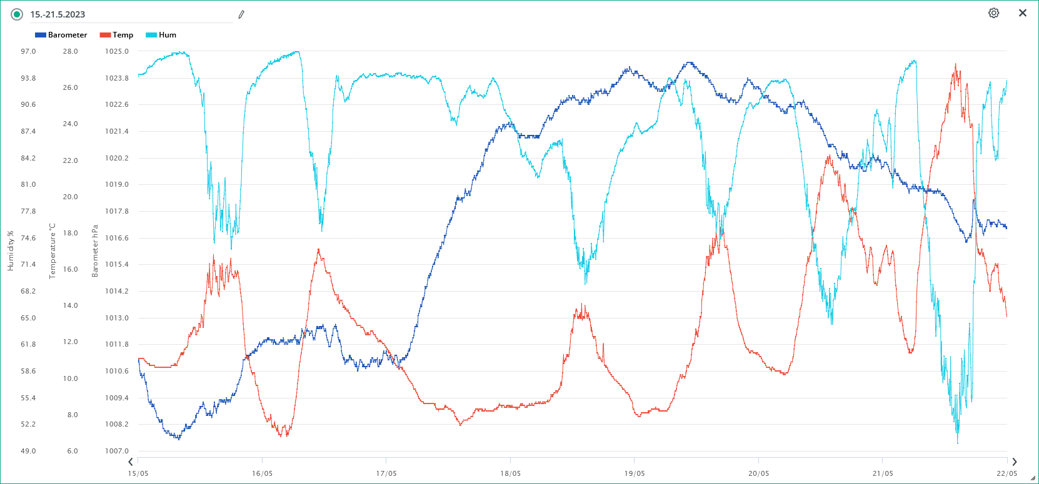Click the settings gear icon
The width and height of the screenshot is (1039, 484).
pos(993,13)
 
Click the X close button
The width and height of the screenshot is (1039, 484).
pos(1023,13)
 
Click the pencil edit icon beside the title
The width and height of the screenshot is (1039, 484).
pos(241,14)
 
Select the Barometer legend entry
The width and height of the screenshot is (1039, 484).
pos(61,35)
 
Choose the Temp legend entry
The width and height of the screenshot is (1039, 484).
pos(117,35)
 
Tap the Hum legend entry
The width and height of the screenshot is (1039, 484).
pos(161,35)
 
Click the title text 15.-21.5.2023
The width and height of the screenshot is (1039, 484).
pos(58,14)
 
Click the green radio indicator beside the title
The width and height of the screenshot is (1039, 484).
pos(17,14)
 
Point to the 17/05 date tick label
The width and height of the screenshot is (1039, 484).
pos(386,473)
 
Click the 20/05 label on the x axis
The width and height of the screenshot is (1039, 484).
pos(759,473)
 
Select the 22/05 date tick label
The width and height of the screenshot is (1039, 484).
pos(1006,473)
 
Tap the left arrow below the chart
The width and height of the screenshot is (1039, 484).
pos(131,462)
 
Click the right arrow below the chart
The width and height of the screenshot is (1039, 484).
pos(1015,462)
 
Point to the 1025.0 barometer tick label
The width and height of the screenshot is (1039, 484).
pos(117,51)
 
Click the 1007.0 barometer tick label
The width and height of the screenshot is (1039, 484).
pos(117,451)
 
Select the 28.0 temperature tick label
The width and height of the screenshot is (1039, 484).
pos(71,51)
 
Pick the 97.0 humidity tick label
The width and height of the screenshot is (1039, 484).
pos(28,51)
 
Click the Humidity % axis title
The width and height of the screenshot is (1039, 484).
pos(11,251)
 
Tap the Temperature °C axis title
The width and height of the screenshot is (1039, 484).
pos(53,251)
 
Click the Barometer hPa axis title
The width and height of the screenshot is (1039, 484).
pos(95,251)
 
